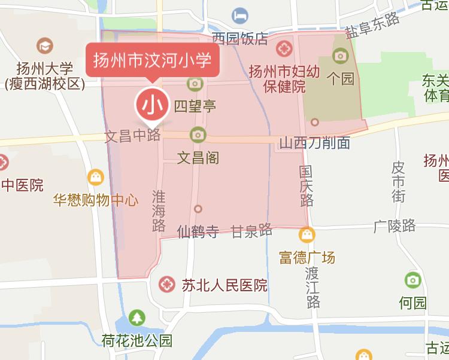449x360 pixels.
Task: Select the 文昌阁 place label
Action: click(x=198, y=158)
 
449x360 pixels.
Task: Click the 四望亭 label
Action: click(x=195, y=106)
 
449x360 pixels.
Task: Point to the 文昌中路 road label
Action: click(x=133, y=136)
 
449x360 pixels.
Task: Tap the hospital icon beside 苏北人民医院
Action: click(x=167, y=285)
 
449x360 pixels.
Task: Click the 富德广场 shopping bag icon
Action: click(x=308, y=234)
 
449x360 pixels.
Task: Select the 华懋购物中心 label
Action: click(x=96, y=200)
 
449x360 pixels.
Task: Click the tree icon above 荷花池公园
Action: click(x=138, y=318)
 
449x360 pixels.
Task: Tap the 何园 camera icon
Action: click(x=412, y=280)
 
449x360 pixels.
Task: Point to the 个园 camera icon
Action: click(x=341, y=56)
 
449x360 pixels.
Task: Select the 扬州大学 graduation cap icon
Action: click(x=44, y=45)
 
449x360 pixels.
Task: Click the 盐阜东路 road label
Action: click(x=372, y=27)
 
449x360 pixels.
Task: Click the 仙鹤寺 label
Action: click(x=198, y=231)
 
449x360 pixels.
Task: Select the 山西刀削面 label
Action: click(x=315, y=144)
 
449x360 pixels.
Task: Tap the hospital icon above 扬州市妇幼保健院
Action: click(x=285, y=46)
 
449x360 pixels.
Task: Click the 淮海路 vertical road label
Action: click(x=159, y=210)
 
